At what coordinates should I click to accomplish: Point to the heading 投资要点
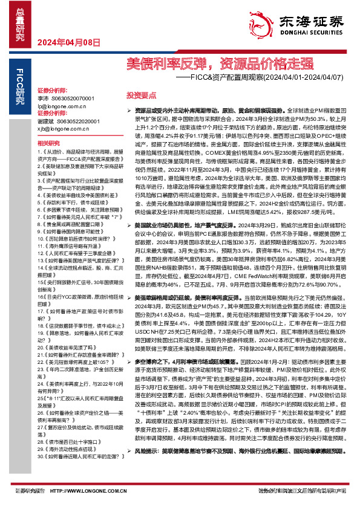coord(141,95)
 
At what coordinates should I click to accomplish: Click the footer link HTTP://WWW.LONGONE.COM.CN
coord(106,490)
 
